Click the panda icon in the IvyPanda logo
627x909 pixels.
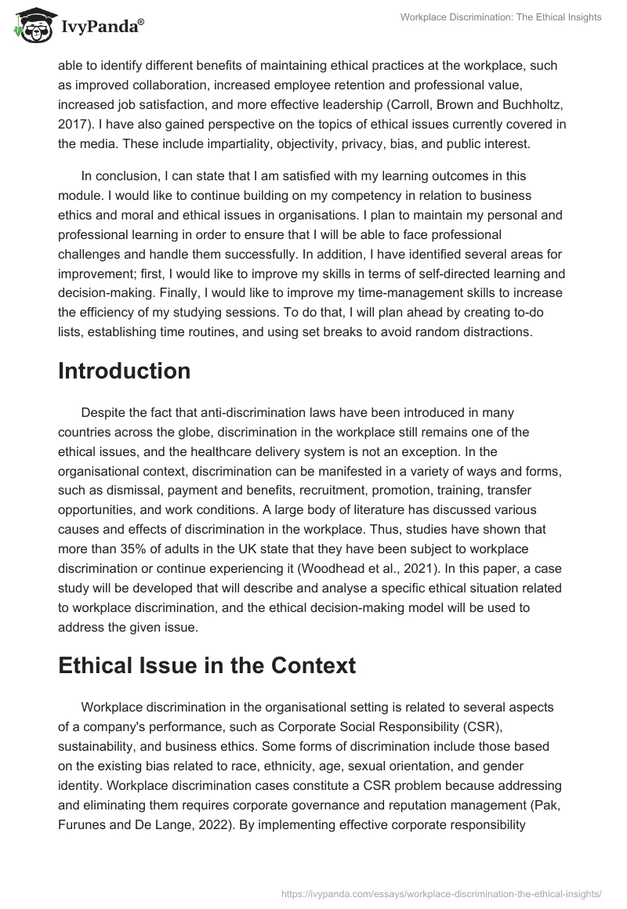click(29, 27)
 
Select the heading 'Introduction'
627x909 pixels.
click(124, 371)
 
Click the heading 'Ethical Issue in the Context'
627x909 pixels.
click(207, 665)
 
